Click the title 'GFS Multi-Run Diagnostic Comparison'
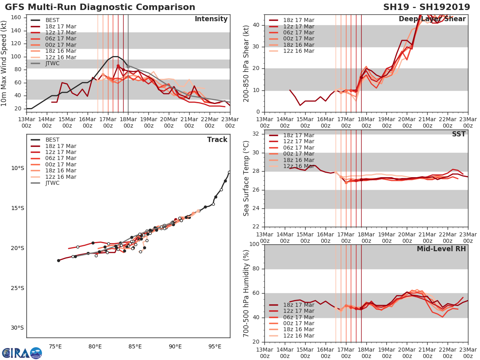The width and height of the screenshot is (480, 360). pyautogui.click(x=100, y=7)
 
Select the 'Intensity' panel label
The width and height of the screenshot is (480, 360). pyautogui.click(x=211, y=19)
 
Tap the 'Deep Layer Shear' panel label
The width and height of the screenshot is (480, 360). pyautogui.click(x=432, y=19)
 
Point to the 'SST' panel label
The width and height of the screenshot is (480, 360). pyautogui.click(x=459, y=134)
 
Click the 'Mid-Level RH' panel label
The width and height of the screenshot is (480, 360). pyautogui.click(x=441, y=249)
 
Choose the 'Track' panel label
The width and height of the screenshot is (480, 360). pyautogui.click(x=217, y=140)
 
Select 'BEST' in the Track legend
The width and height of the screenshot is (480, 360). pyautogui.click(x=52, y=140)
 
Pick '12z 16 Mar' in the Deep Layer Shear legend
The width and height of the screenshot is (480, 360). pyautogui.click(x=298, y=51)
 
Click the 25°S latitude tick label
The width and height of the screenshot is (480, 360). pyautogui.click(x=17, y=288)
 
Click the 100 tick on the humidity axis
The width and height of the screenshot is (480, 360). pyautogui.click(x=255, y=244)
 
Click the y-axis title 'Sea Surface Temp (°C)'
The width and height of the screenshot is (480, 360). pyautogui.click(x=246, y=178)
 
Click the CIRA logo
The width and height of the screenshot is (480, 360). pyautogui.click(x=22, y=353)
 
